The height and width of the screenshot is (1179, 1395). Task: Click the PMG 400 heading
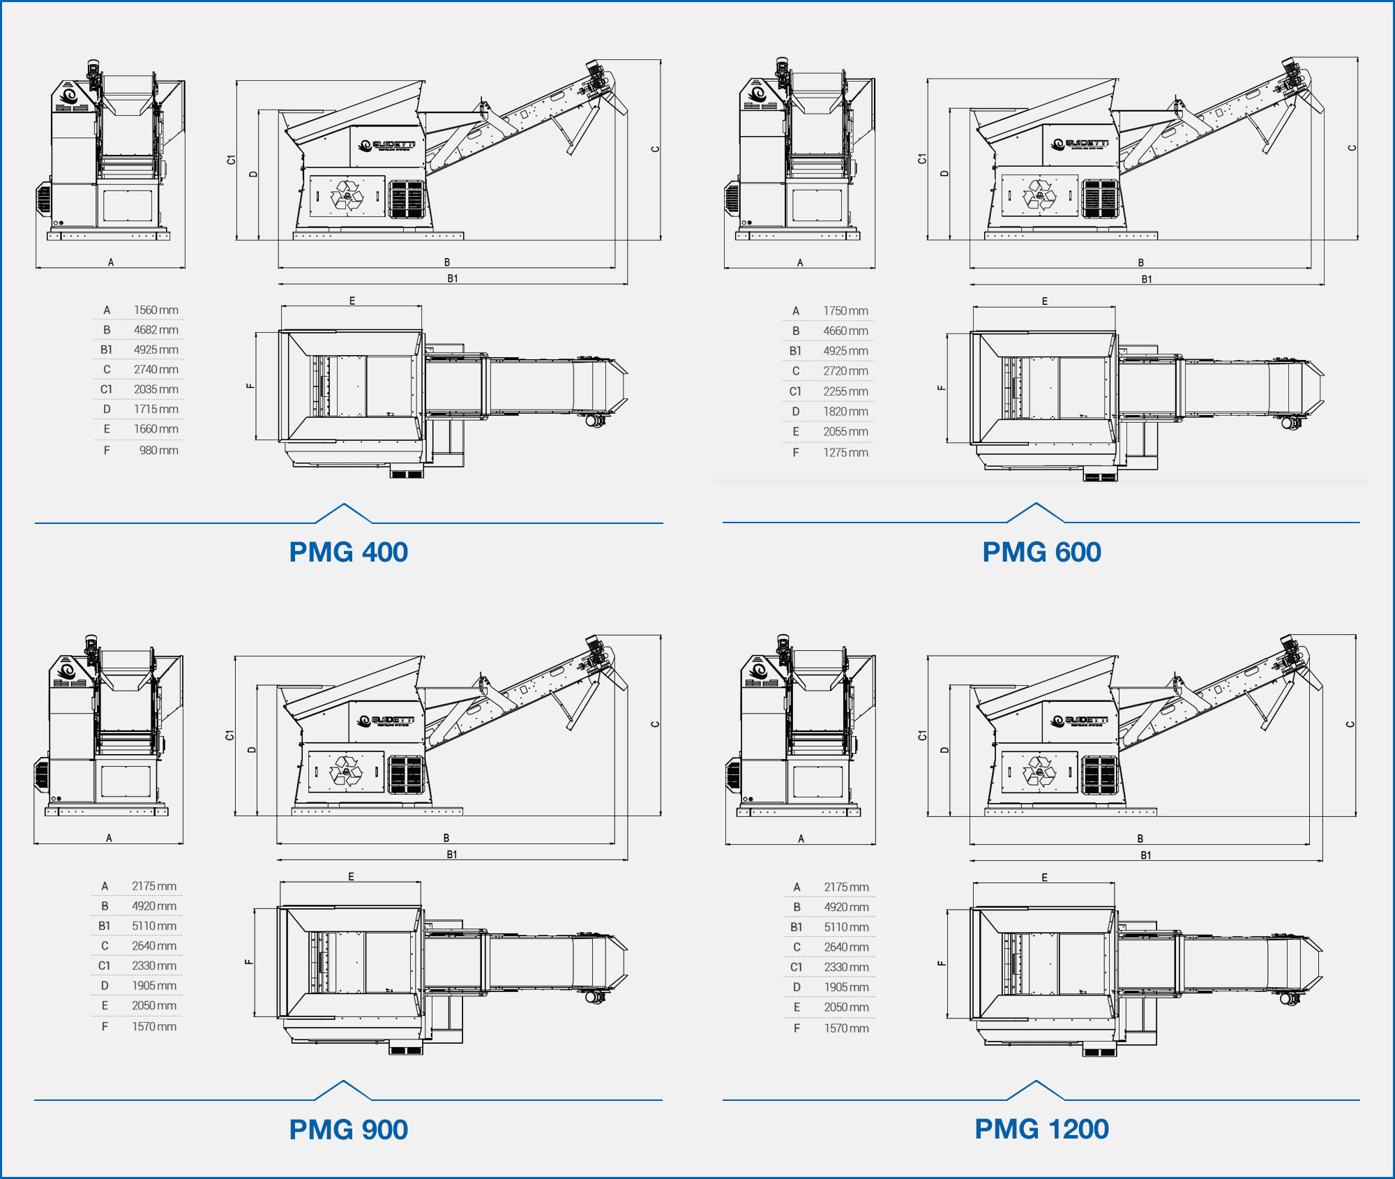click(348, 553)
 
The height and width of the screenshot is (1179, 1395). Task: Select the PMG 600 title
click(1041, 553)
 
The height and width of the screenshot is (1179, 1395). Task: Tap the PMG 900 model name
click(348, 1129)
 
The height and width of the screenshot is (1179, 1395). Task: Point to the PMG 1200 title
click(1041, 1129)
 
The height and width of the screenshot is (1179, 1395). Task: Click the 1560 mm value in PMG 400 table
click(156, 310)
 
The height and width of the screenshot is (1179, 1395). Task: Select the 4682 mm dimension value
click(156, 330)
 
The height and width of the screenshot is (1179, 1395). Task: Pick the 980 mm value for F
click(158, 450)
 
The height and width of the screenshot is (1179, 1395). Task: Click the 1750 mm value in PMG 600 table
click(845, 310)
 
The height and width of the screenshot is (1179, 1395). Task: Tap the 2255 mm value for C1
click(845, 391)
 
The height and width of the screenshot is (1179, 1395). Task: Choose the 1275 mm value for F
click(845, 452)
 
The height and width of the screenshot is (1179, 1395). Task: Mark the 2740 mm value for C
click(156, 370)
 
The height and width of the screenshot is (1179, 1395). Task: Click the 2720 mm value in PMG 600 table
click(845, 371)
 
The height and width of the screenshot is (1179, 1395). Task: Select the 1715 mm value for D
click(156, 410)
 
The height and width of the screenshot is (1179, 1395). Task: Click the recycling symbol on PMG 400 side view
click(347, 195)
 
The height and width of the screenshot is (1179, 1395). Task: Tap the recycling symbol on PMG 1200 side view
click(1039, 772)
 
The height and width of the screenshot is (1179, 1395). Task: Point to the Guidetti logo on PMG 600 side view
click(1080, 144)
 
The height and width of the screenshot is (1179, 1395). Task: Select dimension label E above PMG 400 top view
click(352, 301)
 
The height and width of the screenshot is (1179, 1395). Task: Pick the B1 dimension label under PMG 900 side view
click(452, 855)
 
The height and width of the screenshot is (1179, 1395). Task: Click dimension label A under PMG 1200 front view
click(801, 839)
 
